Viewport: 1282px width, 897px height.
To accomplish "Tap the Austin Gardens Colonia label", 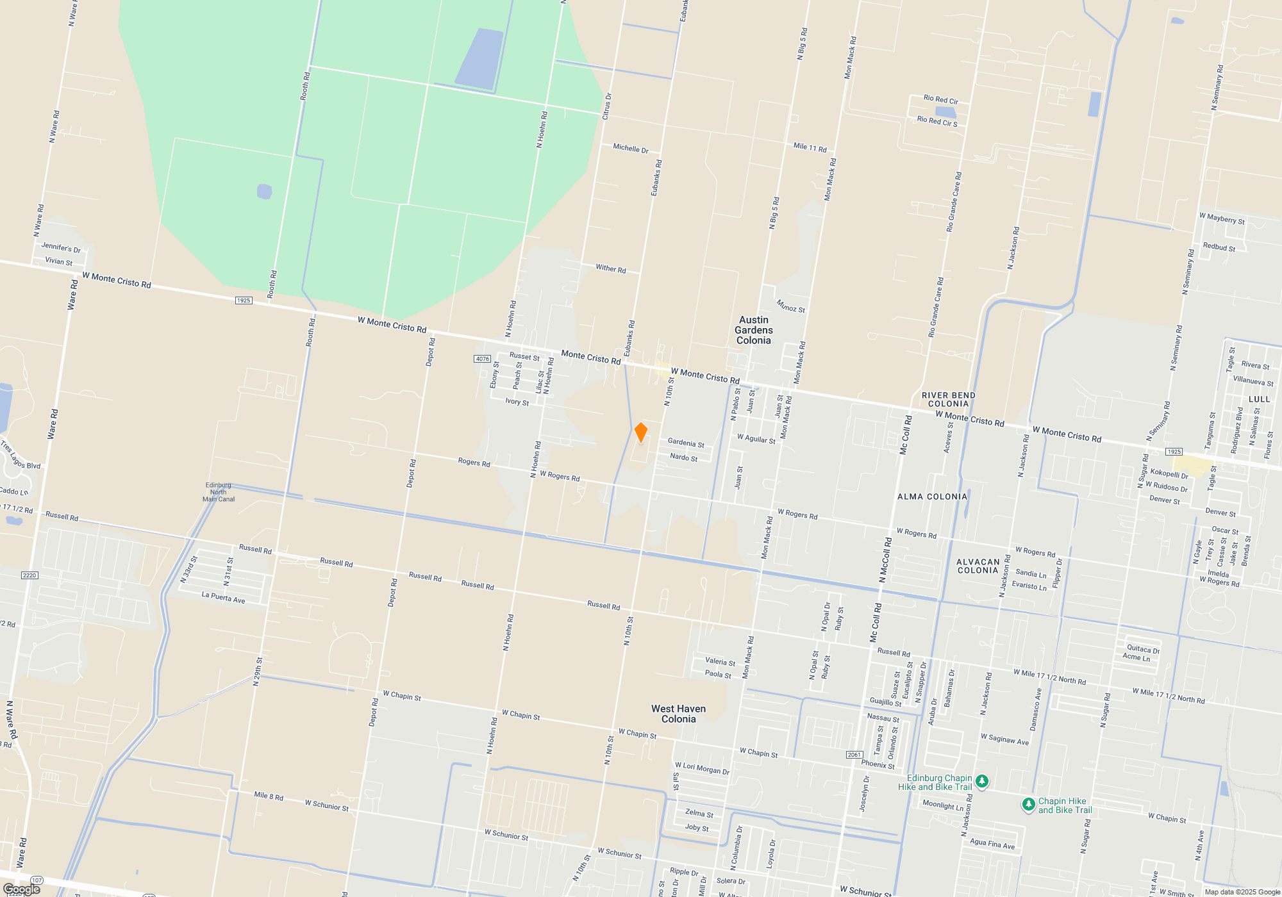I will click(754, 330).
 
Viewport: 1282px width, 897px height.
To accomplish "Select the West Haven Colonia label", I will click(678, 714).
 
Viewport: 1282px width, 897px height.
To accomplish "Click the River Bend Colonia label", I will click(949, 399).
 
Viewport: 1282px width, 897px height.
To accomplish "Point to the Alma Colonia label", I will click(932, 497).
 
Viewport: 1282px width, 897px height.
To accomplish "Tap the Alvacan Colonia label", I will click(978, 566).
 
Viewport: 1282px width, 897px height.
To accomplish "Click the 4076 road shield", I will click(483, 359).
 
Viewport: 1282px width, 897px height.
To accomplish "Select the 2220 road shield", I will click(29, 575).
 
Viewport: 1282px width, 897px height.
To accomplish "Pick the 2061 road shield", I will click(854, 755).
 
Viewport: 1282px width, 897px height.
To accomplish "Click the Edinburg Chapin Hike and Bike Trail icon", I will click(983, 781).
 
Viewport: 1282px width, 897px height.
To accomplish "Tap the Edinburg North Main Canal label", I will click(219, 492).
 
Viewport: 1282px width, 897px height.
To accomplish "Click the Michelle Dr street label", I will click(630, 149).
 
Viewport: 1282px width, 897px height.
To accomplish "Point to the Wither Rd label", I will click(610, 268).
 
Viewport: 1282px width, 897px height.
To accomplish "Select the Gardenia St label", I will click(686, 443).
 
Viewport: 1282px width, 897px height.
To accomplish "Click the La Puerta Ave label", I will click(223, 598).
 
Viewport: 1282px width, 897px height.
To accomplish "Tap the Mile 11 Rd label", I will click(810, 147).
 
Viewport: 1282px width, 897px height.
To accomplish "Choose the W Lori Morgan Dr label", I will click(702, 768).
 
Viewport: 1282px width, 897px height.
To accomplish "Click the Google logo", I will click(22, 889).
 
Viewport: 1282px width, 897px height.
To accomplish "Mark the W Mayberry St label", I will click(1222, 218).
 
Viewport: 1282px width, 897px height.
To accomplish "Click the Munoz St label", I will click(790, 306).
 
